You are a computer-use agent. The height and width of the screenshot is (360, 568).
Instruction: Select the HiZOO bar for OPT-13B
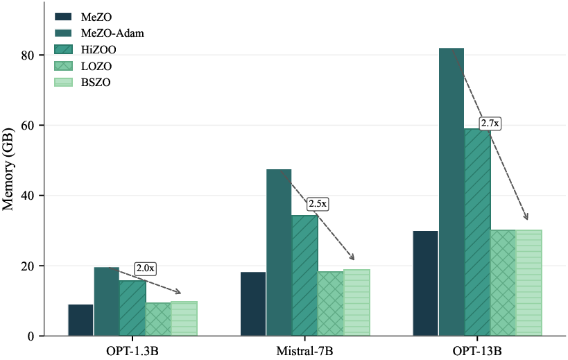477,232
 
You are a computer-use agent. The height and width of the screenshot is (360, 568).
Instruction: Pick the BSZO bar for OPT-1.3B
184,318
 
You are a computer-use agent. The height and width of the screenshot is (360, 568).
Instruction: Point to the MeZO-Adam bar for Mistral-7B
279,252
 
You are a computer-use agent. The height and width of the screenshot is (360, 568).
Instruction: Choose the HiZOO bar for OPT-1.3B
132,308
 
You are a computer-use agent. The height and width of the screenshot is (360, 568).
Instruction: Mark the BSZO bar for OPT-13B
528,283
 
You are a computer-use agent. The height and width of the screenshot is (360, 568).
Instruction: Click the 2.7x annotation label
490,123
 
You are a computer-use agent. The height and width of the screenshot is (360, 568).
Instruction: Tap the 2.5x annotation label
318,204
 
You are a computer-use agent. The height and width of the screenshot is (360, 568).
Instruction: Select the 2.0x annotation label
146,268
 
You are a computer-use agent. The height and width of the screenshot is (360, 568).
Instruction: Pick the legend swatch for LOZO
64,66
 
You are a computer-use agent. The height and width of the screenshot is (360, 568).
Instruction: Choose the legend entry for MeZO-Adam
112,33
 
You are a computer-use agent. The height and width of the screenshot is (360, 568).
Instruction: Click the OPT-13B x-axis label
477,350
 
